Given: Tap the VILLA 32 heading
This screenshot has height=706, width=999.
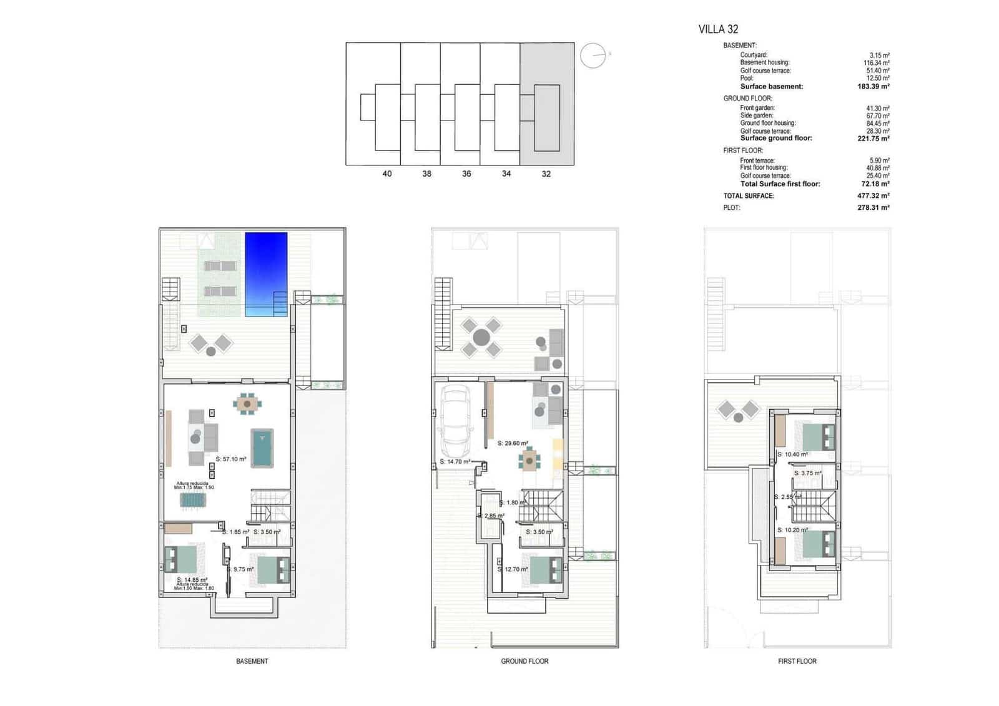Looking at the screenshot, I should click(x=718, y=29).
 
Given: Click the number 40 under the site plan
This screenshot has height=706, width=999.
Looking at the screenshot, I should click(x=387, y=174).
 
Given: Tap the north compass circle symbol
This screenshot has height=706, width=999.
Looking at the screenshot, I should click(x=593, y=56).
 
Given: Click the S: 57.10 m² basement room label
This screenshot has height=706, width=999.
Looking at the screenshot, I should click(x=231, y=459).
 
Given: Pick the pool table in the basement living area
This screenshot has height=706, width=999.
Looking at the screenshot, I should click(x=262, y=447).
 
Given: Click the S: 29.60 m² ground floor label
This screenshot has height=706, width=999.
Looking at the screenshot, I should click(x=513, y=444).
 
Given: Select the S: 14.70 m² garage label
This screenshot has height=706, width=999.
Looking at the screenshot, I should click(x=455, y=463).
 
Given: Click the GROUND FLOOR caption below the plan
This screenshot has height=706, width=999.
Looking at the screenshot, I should click(x=524, y=661).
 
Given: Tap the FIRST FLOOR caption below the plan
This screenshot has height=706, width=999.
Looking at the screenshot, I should click(x=797, y=661).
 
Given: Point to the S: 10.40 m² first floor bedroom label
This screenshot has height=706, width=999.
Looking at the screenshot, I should click(x=792, y=454).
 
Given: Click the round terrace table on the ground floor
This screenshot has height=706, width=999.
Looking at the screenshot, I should click(x=481, y=338).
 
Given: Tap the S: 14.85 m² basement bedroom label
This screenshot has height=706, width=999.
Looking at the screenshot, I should click(x=192, y=580).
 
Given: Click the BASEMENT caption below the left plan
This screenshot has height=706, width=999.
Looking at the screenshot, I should click(x=252, y=661).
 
